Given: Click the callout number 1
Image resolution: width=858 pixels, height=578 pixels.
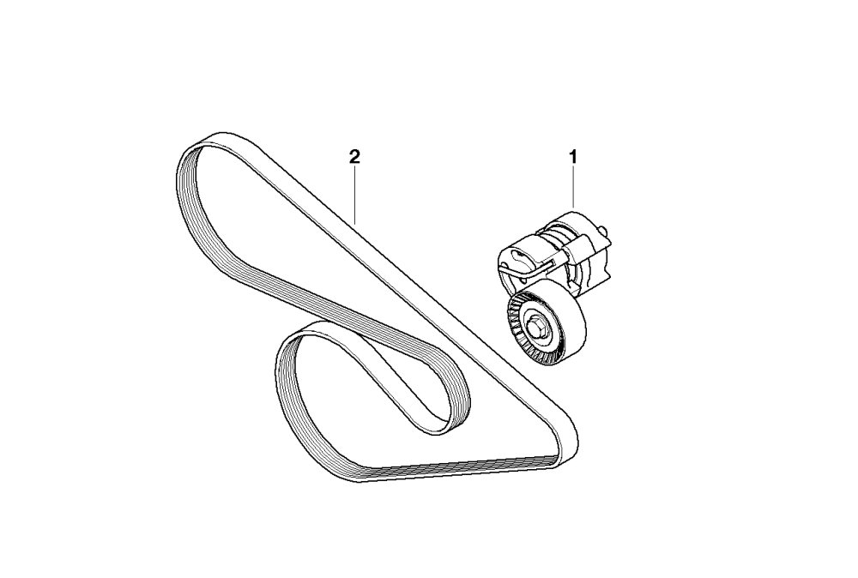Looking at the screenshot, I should coord(572,157).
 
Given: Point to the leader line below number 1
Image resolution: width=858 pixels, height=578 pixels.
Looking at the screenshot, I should coord(574,188).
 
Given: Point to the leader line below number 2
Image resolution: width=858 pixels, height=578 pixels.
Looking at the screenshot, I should coord(354,194).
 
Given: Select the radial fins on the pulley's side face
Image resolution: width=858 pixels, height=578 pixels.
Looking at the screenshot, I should coord(517,334).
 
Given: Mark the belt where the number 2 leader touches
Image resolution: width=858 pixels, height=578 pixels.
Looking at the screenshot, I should coord(354,220).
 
